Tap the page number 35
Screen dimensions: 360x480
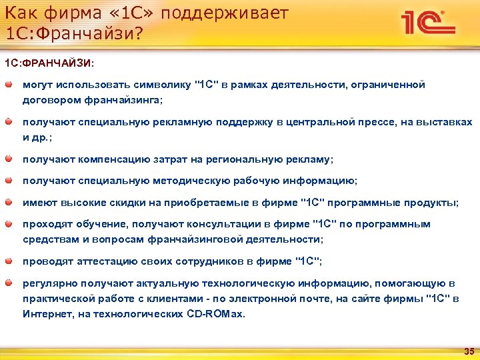pos(468,351)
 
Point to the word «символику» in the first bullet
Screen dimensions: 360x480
pos(158,85)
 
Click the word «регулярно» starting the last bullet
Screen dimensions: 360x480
pos(46,284)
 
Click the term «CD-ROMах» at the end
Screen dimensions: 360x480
pos(219,313)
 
